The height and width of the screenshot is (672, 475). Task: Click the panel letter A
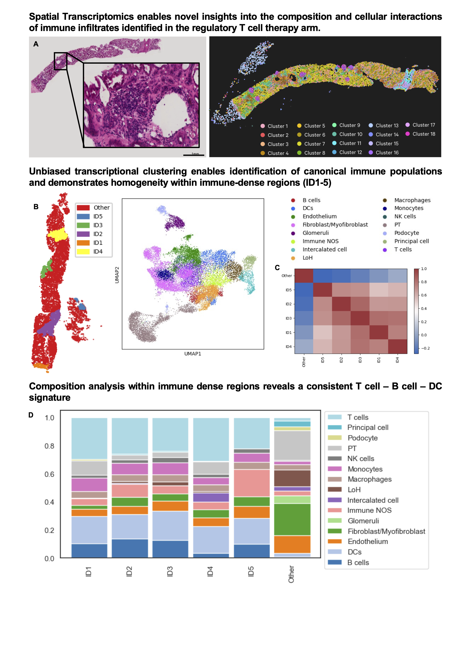(36, 44)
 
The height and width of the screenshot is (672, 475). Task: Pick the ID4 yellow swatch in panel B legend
(83, 252)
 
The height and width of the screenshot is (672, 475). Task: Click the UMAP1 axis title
(193, 354)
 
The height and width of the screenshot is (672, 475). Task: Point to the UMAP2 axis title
(117, 275)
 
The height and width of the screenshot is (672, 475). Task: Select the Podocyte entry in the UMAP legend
(406, 233)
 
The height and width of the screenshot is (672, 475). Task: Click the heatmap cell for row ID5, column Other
(304, 290)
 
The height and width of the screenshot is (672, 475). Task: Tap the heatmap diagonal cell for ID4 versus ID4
(398, 346)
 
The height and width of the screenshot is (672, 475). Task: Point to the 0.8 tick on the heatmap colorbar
(423, 282)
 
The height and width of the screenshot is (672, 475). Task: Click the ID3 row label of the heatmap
(289, 318)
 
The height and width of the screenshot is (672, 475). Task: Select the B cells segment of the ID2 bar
(130, 548)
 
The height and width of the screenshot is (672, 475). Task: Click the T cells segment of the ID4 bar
(211, 439)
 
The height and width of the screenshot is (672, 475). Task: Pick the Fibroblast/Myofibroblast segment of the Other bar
(292, 520)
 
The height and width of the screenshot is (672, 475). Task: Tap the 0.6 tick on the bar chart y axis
(49, 474)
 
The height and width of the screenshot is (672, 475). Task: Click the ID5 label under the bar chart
(251, 571)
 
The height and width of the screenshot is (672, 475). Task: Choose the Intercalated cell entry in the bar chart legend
(372, 500)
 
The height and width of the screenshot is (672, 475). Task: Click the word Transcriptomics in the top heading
(116, 17)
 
